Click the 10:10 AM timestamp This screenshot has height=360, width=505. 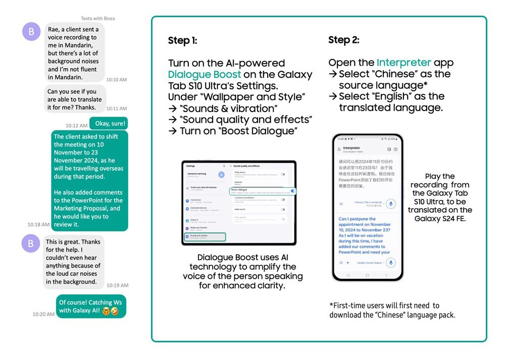click(116, 80)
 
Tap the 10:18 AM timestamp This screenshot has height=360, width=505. click(38, 224)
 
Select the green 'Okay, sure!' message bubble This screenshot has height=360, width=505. click(109, 123)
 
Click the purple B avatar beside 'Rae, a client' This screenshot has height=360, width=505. click(31, 32)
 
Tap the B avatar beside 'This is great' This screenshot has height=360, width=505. click(31, 244)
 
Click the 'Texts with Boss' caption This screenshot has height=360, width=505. click(98, 19)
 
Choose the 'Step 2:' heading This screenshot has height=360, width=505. click(344, 40)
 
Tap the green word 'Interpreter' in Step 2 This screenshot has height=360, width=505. click(403, 63)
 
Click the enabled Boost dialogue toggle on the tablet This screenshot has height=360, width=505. click(293, 191)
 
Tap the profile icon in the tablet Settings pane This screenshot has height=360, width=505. click(221, 175)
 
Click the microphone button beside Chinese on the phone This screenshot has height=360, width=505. click(389, 204)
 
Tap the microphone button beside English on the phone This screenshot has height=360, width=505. click(390, 263)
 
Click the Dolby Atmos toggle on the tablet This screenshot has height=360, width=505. click(283, 174)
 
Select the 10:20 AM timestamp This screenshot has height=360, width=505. click(43, 314)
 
